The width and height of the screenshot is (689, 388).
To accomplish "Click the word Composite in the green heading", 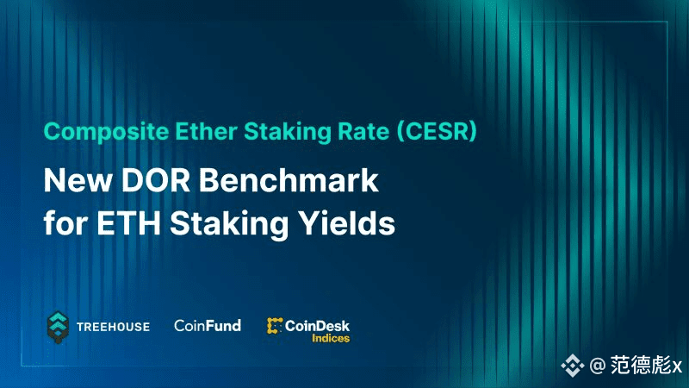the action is click(106, 132).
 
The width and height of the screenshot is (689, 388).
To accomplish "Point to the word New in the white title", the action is click(78, 180).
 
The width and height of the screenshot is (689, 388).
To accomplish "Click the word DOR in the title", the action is click(156, 180).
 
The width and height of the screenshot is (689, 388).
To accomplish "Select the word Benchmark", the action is click(289, 180).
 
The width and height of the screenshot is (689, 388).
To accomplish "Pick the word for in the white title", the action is click(65, 222).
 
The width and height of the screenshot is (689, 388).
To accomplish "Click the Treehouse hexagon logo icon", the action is click(58, 328).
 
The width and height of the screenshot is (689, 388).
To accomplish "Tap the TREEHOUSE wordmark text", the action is click(113, 327).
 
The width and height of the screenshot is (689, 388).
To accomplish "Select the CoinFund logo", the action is click(208, 326).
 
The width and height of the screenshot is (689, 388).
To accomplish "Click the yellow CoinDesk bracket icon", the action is click(274, 326).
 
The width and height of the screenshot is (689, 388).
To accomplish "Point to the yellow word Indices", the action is click(331, 338).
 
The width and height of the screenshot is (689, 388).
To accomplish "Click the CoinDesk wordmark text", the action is click(317, 326).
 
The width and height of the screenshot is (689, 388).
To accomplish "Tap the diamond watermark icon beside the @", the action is click(572, 365).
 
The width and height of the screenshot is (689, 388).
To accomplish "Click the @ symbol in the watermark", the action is click(597, 366).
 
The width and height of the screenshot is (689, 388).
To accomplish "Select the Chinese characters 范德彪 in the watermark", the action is click(641, 365).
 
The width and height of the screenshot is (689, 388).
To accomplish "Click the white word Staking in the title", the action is click(229, 223).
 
